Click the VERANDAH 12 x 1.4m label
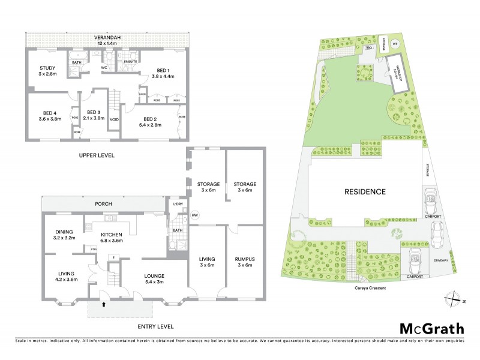pyautogui.click(x=108, y=40)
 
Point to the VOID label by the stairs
pyautogui.click(x=115, y=119)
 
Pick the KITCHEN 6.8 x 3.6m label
pyautogui.click(x=112, y=238)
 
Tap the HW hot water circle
pyautogui.click(x=194, y=215)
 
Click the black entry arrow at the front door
pyautogui.click(x=103, y=304)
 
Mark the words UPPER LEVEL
pyautogui.click(x=97, y=155)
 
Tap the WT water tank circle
pyautogui.click(x=395, y=43)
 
